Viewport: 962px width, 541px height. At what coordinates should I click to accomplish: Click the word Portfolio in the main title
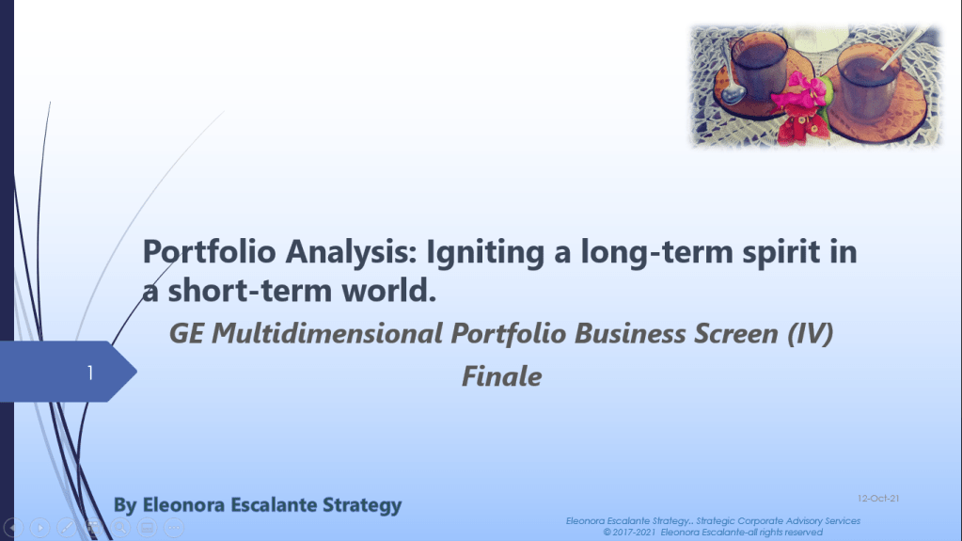click(209, 252)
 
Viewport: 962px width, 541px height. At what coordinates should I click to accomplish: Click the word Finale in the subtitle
click(502, 376)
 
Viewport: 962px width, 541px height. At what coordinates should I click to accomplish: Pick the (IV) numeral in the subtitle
click(810, 334)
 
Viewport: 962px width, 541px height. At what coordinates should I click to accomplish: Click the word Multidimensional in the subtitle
click(327, 333)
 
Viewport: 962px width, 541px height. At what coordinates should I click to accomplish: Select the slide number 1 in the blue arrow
click(90, 373)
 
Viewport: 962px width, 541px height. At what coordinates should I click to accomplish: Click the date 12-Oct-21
click(878, 498)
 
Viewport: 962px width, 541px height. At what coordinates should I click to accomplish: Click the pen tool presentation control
click(67, 528)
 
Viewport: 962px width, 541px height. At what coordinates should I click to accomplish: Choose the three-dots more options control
click(174, 528)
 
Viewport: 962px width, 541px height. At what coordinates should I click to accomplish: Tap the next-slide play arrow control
click(39, 528)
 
